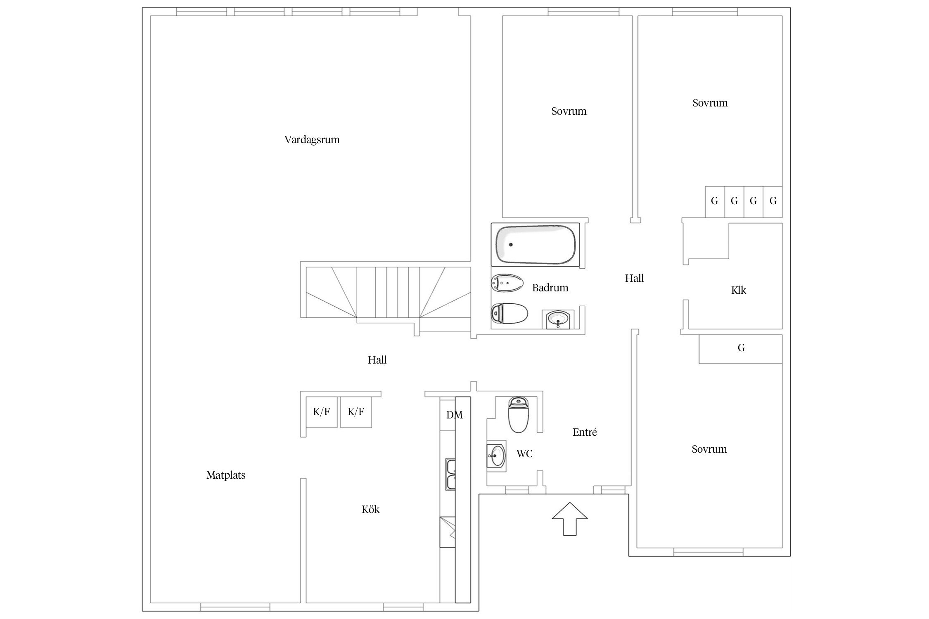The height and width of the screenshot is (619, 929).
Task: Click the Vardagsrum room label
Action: pyautogui.click(x=312, y=140)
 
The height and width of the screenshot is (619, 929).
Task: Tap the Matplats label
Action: pyautogui.click(x=226, y=475)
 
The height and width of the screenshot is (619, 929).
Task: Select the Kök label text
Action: pyautogui.click(x=370, y=509)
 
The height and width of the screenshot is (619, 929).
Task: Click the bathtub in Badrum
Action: pyautogui.click(x=535, y=244)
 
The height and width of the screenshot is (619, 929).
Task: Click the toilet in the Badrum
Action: pyautogui.click(x=510, y=314)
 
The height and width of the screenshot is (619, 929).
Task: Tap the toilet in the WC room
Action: pyautogui.click(x=518, y=414)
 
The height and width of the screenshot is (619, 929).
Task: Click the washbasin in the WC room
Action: pyautogui.click(x=496, y=456)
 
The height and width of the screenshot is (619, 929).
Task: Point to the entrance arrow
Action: pyautogui.click(x=570, y=518)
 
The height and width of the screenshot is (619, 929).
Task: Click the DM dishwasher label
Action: pyautogui.click(x=454, y=415)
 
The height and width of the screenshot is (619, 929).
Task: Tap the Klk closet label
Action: pyautogui.click(x=739, y=290)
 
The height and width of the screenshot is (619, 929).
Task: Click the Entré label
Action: pyautogui.click(x=585, y=432)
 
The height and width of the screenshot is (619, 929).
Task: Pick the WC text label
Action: pyautogui.click(x=524, y=454)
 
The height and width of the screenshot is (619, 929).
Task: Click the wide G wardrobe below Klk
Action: pyautogui.click(x=741, y=349)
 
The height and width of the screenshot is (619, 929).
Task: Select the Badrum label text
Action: pyautogui.click(x=550, y=288)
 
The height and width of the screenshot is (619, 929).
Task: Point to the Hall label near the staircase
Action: pyautogui.click(x=377, y=360)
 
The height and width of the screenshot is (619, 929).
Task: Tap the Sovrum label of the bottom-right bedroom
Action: pyautogui.click(x=709, y=449)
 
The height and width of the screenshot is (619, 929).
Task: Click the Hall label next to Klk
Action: pyautogui.click(x=634, y=278)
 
